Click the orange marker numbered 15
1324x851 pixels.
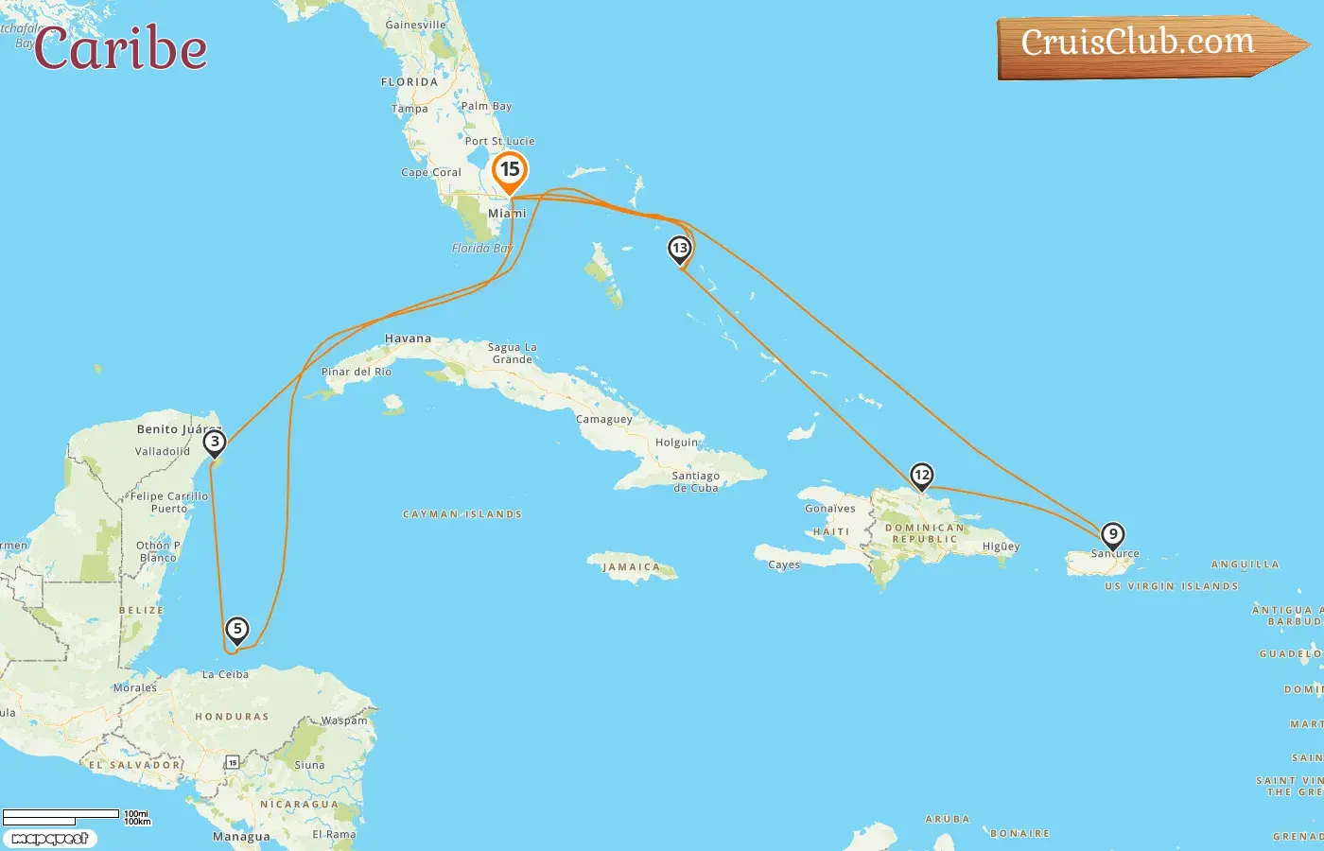coord(510,170)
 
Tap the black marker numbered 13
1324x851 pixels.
coord(679,249)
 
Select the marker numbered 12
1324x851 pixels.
coord(921,476)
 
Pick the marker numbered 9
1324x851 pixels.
coord(1113,535)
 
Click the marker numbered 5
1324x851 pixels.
coord(236,629)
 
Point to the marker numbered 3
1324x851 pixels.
coord(215,442)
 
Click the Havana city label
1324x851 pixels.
coord(408,339)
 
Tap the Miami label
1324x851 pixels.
coord(507,214)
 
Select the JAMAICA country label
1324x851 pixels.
coord(631,567)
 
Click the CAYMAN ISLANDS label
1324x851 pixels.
coord(462,514)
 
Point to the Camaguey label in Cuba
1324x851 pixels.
coord(603,419)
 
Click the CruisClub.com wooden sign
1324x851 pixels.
coord(1144,44)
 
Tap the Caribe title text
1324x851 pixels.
coord(121,49)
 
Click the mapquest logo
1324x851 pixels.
coord(49,839)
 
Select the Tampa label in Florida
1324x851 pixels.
coord(409,109)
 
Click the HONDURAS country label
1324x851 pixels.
coord(232,717)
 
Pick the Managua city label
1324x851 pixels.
coord(241,837)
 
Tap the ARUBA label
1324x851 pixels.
coord(947,819)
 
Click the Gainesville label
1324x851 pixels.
coord(415,25)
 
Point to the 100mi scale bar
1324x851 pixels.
coord(61,814)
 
